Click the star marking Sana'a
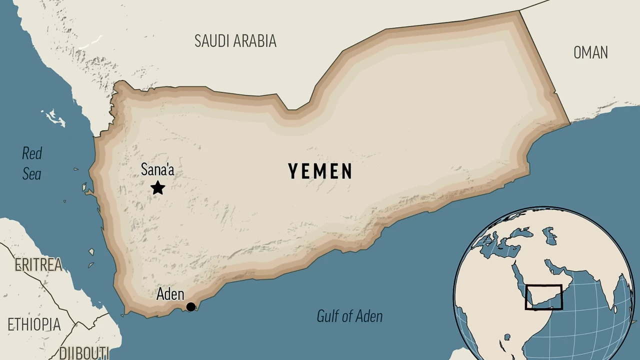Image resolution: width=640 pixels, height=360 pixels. [158, 188]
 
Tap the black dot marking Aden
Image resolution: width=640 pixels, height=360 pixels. [190, 306]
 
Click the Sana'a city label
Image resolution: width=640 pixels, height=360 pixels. [157, 170]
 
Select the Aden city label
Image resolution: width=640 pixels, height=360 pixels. [170, 294]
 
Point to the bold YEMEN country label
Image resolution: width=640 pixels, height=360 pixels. [320, 171]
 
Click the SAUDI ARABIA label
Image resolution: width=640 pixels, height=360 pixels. [235, 41]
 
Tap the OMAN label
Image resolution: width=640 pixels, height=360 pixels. [590, 52]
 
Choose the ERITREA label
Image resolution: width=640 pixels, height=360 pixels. [38, 265]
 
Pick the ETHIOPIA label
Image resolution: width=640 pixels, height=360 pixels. [34, 324]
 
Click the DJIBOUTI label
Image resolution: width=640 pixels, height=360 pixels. [84, 352]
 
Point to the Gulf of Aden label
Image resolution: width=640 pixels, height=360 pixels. [349, 316]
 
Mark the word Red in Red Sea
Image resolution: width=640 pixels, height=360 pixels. [32, 153]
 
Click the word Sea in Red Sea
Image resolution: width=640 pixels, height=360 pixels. [31, 174]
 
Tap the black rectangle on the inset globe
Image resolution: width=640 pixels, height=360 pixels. [543, 297]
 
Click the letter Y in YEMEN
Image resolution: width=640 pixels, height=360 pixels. [293, 171]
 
